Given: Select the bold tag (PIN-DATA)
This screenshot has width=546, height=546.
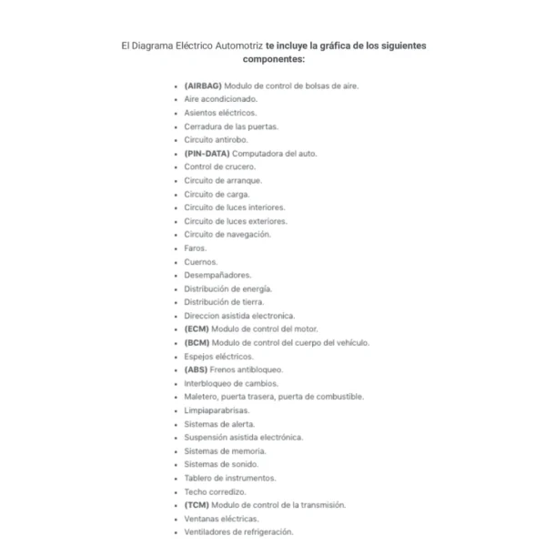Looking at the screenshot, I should point(206,153).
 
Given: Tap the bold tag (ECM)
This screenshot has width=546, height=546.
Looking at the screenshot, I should point(197,329).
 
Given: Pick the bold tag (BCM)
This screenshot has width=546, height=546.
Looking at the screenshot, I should point(197,342).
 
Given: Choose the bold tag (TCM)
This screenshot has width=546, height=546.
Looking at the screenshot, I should point(197,504).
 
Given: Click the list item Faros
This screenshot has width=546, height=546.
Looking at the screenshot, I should point(195,248).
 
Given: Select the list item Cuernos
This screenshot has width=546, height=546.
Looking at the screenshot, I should point(200,261).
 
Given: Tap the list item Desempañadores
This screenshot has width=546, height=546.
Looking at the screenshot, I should point(217,275).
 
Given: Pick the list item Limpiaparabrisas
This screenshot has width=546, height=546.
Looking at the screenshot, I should point(217,409).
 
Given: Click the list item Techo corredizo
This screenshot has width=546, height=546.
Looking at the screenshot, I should point(215,491).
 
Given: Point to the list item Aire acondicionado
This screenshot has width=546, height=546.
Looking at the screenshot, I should point(220,99).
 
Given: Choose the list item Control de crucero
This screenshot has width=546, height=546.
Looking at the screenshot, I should point(219,167).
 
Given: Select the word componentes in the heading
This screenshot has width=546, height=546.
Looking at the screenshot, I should point(273,59).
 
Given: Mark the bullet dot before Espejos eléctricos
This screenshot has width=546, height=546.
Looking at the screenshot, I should point(175,357).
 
